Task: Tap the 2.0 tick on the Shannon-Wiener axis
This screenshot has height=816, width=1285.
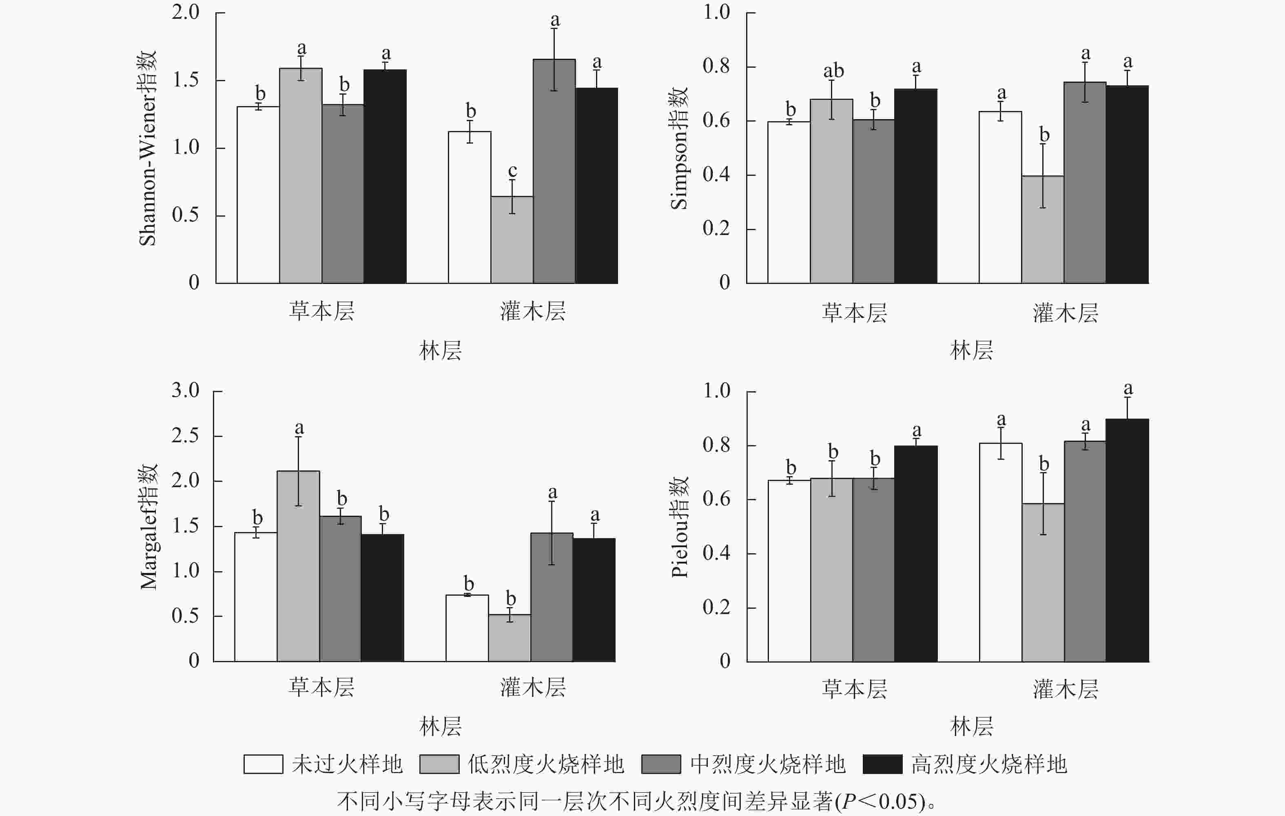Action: click(185, 12)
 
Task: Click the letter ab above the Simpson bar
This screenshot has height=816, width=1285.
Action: click(833, 71)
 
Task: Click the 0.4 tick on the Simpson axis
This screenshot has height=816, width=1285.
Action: click(716, 175)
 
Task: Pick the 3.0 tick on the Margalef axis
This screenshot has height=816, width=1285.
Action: click(185, 390)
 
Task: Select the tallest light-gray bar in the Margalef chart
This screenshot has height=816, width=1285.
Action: click(298, 566)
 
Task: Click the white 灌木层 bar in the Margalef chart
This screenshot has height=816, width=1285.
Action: click(467, 628)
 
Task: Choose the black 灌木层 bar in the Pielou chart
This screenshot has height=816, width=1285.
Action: click(1127, 540)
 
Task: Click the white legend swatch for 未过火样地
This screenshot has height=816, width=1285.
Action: click(263, 764)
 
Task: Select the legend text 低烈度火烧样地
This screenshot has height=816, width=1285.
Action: click(545, 764)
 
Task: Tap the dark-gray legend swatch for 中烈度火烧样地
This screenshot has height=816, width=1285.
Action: click(660, 764)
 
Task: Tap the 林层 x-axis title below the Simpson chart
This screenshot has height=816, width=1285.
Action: click(971, 350)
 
